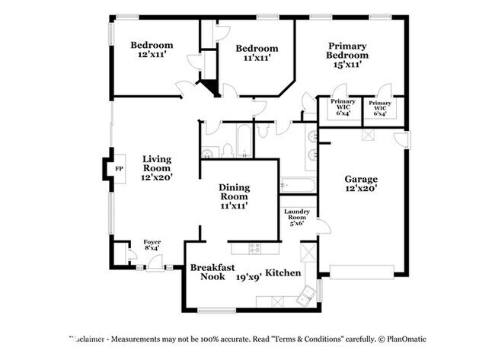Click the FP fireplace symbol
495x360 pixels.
(118, 169)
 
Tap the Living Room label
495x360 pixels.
(157, 168)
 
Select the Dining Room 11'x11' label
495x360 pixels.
(235, 196)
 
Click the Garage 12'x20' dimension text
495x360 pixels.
(360, 188)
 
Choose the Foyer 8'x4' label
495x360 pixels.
(152, 244)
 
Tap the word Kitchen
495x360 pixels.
(283, 272)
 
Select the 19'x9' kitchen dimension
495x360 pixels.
(248, 278)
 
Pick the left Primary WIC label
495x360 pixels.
(342, 106)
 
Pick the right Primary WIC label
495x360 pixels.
(380, 106)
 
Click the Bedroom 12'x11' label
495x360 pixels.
(152, 50)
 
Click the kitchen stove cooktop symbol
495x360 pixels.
(255, 247)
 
